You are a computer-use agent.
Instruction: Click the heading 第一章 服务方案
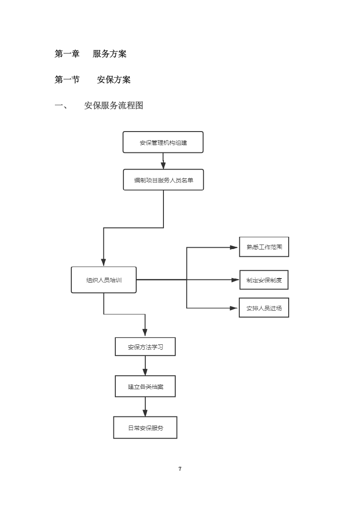coord(90,54)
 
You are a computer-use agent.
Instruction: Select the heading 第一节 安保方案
coord(93,80)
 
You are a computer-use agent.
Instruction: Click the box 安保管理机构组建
coord(163,142)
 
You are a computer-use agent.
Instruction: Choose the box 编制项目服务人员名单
coord(163,180)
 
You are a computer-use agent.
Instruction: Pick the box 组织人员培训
coord(104,280)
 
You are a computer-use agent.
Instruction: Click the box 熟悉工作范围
coord(264,247)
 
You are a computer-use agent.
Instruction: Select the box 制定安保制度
coord(264,280)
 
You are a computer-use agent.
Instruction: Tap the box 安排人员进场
coord(264,308)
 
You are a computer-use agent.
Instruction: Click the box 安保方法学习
coord(145,347)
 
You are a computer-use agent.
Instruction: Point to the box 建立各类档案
coord(145,387)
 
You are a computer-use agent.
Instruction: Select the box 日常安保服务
coord(145,427)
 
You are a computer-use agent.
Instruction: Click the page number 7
coord(180,469)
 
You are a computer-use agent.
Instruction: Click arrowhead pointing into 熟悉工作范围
coord(234,247)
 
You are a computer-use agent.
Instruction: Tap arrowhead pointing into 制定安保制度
coord(235,280)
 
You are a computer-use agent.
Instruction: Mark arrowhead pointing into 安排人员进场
coord(234,308)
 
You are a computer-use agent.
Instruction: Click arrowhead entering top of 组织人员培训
coord(104,263)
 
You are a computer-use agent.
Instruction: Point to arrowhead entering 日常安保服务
coord(145,413)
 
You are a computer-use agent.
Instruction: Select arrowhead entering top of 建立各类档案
coord(145,372)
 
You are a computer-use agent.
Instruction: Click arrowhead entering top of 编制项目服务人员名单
coord(163,166)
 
